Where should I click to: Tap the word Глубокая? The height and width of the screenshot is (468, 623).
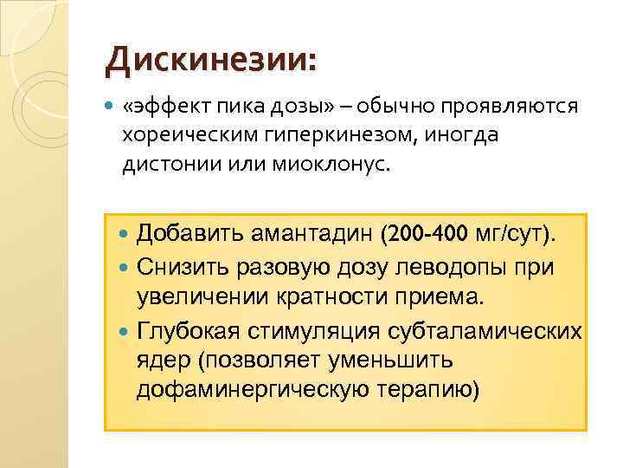(189, 329)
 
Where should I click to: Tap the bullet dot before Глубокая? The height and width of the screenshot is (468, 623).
(123, 330)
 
